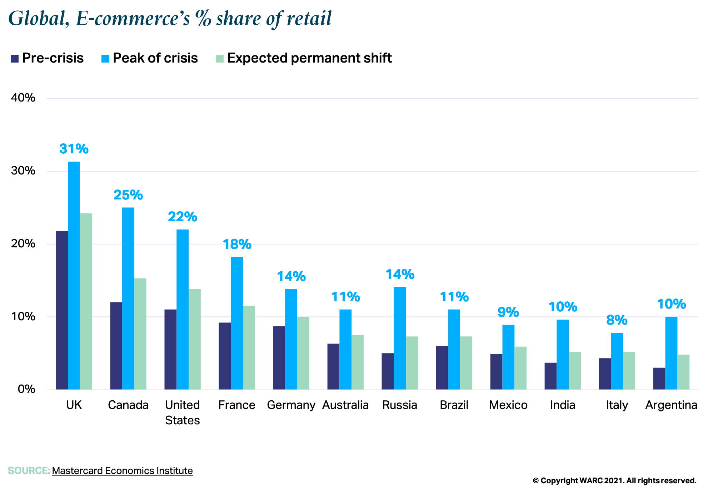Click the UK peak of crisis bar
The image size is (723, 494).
point(74,275)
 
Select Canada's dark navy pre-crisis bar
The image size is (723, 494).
point(116,346)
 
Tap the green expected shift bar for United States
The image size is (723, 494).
point(195,339)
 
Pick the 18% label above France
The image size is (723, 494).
point(237,244)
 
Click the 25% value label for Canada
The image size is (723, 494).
point(128,195)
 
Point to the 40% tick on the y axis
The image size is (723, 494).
point(23,98)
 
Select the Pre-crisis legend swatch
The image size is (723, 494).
point(15,59)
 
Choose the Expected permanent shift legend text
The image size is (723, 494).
point(309,58)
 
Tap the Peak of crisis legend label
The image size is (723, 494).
point(155,58)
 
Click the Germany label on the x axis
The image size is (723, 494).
point(291,405)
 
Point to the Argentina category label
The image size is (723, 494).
point(671,405)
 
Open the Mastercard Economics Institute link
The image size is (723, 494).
point(122,471)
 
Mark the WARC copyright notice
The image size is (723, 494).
point(614,481)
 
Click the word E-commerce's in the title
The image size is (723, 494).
point(133,19)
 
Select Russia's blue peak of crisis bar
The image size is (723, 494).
point(400,338)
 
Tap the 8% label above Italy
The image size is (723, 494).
point(617,320)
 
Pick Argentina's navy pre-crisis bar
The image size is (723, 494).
point(659,379)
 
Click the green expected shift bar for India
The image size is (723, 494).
point(575,371)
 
